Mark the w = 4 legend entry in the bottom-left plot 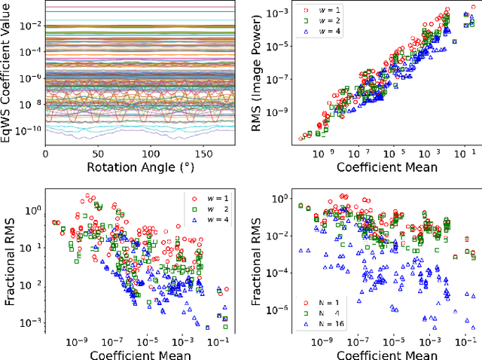point(212,220)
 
